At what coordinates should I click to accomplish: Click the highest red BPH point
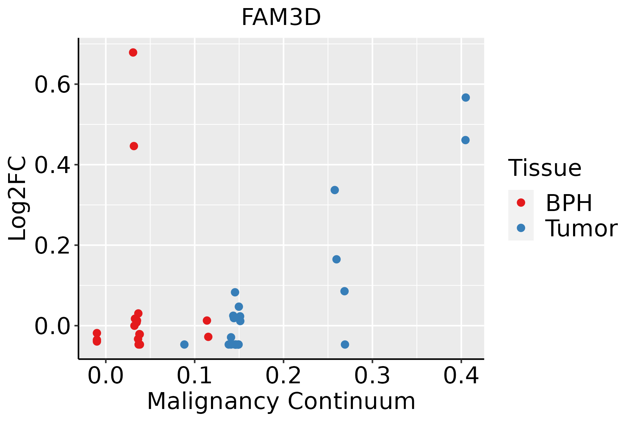[x=133, y=52]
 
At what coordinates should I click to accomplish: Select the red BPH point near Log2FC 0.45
[x=134, y=146]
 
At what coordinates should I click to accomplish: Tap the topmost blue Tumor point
[x=466, y=97]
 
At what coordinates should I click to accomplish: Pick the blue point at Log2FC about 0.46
[x=465, y=140]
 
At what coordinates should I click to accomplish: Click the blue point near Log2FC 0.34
[x=335, y=190]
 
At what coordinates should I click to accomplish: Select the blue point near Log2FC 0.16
[x=336, y=259]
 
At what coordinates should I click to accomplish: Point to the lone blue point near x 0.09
[x=184, y=344]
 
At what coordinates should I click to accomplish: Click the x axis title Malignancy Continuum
[x=281, y=401]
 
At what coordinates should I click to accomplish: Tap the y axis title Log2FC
[x=18, y=199]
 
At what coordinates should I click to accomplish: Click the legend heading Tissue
[x=545, y=168]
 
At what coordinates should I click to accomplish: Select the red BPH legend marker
[x=521, y=203]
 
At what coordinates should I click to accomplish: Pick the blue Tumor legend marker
[x=521, y=228]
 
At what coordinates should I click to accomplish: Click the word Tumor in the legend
[x=581, y=229]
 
